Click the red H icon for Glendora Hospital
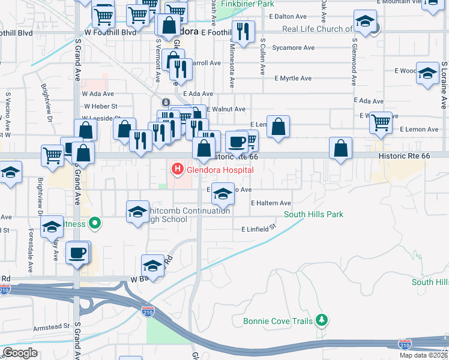[177, 170]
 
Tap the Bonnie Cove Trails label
[277, 321]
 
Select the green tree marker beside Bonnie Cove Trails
[322, 320]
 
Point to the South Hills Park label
[313, 214]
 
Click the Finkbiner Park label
[247, 4]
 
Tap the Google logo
[20, 353]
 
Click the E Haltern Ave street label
[271, 204]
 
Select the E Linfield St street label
[258, 229]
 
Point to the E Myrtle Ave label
[293, 79]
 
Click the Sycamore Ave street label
[293, 48]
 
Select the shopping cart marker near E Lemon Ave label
[381, 122]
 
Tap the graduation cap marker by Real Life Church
[365, 22]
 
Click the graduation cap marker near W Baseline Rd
[152, 265]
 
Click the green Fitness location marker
[94, 224]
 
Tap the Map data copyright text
[423, 355]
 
